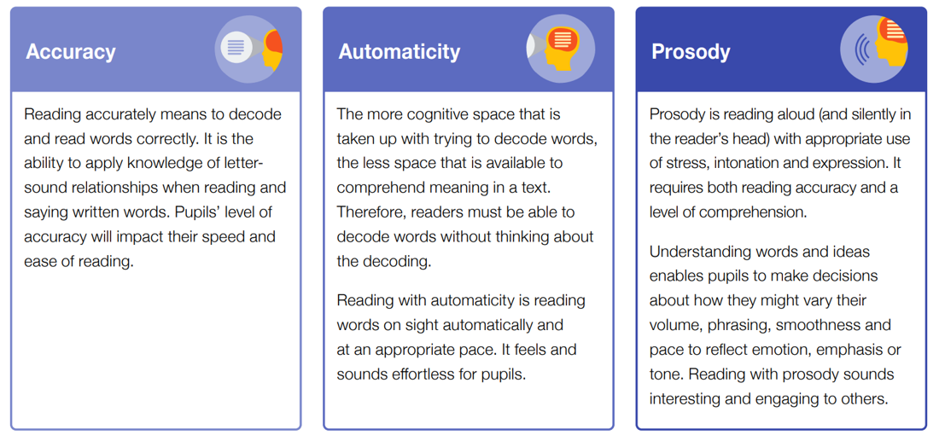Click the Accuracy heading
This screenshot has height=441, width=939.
[x=71, y=51]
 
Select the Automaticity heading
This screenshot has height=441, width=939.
[x=400, y=51]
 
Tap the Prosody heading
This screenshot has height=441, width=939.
[x=691, y=52]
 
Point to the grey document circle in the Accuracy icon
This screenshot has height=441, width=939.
[x=236, y=47]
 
